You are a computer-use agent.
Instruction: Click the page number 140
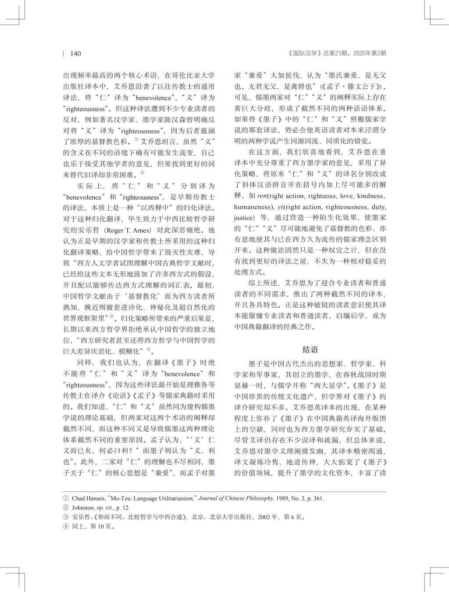click(x=75, y=54)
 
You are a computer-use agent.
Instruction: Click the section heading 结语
click(x=310, y=349)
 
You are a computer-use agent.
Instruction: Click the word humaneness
click(x=252, y=207)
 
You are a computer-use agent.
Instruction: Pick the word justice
click(x=244, y=218)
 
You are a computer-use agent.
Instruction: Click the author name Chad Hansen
click(x=88, y=499)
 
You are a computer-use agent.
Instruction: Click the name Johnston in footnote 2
click(x=83, y=508)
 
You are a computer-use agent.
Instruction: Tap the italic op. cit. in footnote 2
click(x=106, y=508)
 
